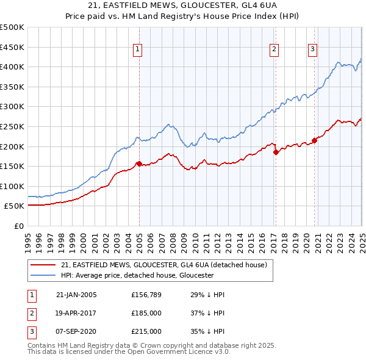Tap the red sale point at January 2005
(139, 164)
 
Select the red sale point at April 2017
(276, 152)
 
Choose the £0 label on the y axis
(19, 226)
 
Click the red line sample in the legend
(44, 265)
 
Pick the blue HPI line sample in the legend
(44, 275)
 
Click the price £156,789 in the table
(146, 295)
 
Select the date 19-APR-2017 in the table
(76, 313)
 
